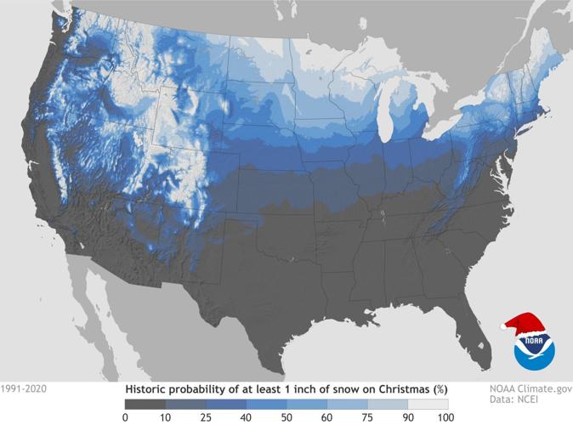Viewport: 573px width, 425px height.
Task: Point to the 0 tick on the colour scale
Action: coord(125,416)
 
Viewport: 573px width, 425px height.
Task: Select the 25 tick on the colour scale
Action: coord(205,416)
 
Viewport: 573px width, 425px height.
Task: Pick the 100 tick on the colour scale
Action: coord(443,416)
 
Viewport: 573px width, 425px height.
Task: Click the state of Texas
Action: coord(281,289)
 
